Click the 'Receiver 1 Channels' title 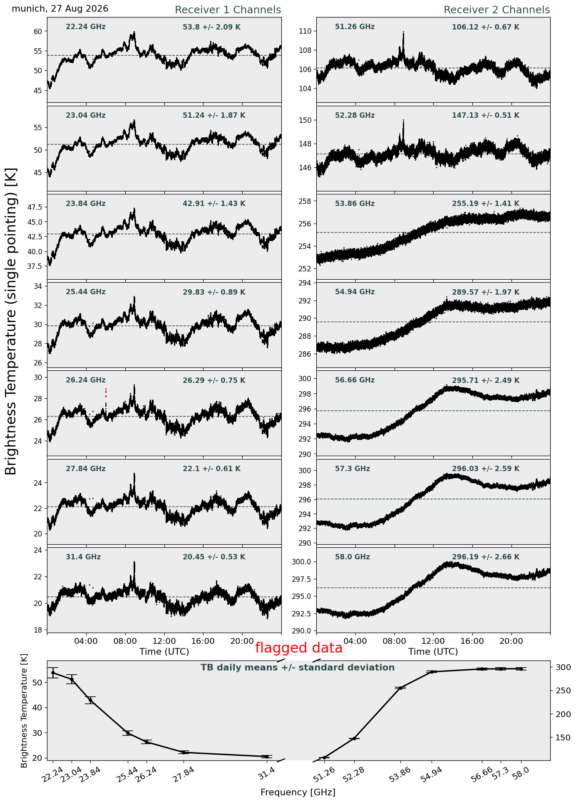pos(228,10)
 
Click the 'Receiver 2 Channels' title pos(497,10)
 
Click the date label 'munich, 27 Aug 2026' pos(60,9)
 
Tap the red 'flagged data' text pos(299,648)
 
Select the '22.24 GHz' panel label pos(86,27)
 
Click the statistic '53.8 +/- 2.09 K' pos(211,27)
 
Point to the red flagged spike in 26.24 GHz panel pos(106,393)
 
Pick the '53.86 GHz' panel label pos(355,204)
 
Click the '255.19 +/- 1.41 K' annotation pos(486,204)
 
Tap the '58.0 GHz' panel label pos(353,557)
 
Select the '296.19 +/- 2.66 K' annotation pos(486,557)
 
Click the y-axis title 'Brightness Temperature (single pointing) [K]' pos(11,321)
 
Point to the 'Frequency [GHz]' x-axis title pos(298,792)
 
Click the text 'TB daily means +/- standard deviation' pos(298,668)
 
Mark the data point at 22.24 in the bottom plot pos(53,673)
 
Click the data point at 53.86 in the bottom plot pos(400,688)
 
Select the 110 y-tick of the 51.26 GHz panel pos(308,31)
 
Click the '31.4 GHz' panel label pos(83,557)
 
